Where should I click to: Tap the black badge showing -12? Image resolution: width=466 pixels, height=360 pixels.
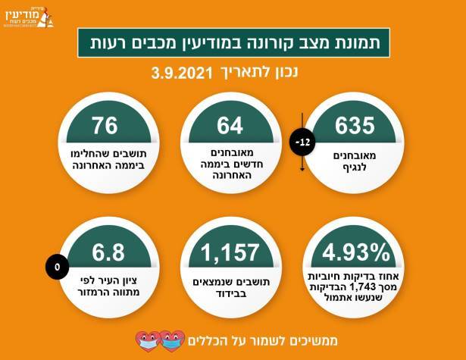click(x=301, y=141)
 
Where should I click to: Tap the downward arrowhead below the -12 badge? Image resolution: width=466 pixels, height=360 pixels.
click(x=301, y=168)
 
